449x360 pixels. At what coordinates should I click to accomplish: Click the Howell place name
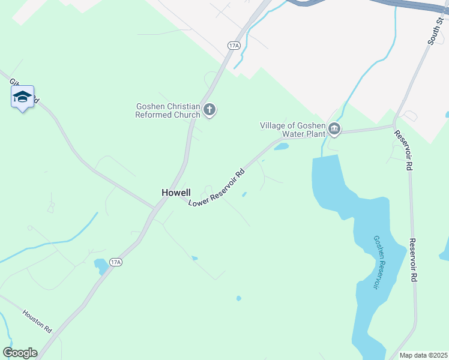(176, 193)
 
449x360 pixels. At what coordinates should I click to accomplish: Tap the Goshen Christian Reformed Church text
(167, 110)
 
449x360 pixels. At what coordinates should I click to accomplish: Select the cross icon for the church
(209, 109)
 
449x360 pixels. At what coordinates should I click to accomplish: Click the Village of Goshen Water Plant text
(292, 130)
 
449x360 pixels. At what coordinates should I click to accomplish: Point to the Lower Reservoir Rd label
(217, 187)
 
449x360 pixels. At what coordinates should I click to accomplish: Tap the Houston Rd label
(38, 322)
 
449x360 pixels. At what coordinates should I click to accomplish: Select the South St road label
(435, 31)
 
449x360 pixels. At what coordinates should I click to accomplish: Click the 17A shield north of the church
(234, 45)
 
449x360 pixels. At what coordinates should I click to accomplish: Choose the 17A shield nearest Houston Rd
(116, 262)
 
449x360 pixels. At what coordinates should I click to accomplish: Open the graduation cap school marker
(22, 97)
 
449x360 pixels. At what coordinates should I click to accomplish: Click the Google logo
(20, 353)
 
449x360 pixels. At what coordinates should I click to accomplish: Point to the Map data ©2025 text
(423, 355)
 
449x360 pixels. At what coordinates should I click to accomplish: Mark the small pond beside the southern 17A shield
(100, 264)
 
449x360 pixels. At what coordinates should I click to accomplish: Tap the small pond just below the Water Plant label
(282, 146)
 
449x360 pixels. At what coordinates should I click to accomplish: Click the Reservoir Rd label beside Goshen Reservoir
(414, 260)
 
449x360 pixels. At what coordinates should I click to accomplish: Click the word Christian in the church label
(184, 106)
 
